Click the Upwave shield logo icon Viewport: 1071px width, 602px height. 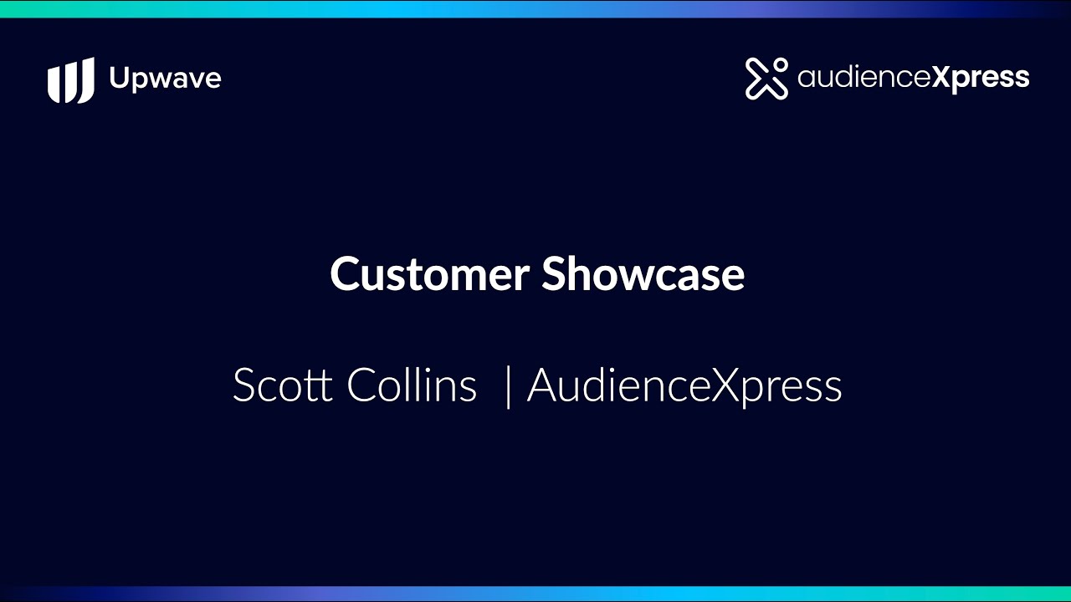coord(71,79)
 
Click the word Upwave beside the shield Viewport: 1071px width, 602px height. coord(166,79)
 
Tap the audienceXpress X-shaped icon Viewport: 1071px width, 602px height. coord(766,79)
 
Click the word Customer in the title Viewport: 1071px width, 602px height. coord(429,274)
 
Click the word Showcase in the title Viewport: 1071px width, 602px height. coord(643,273)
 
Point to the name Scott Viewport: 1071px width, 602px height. coord(282,385)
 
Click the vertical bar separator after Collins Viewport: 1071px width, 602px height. coord(508,386)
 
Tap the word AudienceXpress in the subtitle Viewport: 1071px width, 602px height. coord(684,386)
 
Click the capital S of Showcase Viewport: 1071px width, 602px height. coord(556,274)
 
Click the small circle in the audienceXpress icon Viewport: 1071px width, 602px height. coord(780,65)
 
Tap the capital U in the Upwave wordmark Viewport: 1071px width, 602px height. coord(120,78)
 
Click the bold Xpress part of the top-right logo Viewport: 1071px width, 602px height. coord(980,79)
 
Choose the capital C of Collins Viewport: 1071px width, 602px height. coord(362,385)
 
